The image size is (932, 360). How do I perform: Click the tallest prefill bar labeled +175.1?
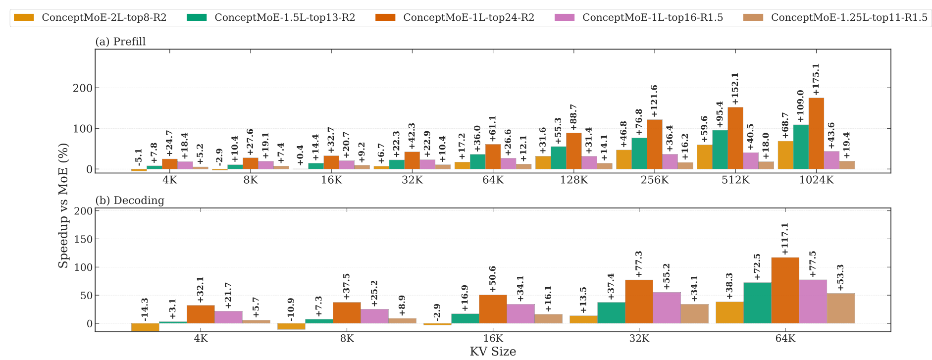pos(816,134)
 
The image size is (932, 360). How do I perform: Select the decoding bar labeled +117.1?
pos(785,291)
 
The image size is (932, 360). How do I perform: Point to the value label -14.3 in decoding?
pos(145,308)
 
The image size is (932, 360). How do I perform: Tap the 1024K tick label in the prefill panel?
pos(816,180)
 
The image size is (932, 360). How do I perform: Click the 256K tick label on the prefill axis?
pos(655,180)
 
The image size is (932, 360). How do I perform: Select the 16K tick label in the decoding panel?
pos(493,339)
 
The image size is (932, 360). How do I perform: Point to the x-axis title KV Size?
pos(493,352)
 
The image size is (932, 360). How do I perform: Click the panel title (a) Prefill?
pos(120,42)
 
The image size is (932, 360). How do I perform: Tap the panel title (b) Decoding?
pos(129,201)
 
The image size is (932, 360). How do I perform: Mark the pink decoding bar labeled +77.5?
pos(813,302)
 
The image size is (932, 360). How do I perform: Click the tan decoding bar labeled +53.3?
pos(840,309)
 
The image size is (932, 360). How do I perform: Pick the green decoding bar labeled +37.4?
pos(611,313)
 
